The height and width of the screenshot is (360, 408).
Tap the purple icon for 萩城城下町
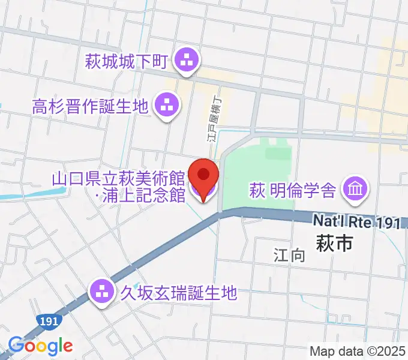(186, 61)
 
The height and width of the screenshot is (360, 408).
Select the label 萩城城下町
(127, 61)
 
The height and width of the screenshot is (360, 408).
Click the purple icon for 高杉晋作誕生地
(167, 106)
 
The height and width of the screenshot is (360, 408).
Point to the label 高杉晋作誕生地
(90, 107)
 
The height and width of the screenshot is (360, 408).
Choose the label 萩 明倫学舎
(292, 191)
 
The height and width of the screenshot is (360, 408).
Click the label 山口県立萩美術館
(118, 178)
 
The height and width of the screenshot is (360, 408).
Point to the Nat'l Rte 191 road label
(356, 223)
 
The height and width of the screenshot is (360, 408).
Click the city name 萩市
(333, 243)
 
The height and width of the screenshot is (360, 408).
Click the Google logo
(40, 346)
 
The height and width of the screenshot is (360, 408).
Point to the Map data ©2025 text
(358, 350)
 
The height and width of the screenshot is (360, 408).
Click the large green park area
(258, 174)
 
